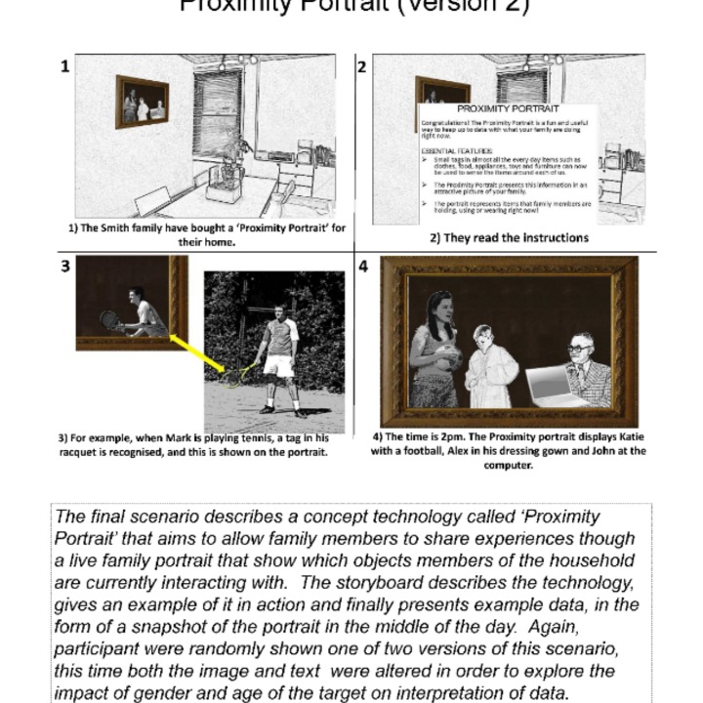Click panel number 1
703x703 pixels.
pos(64,66)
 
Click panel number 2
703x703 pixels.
pos(361,66)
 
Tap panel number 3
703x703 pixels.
pos(64,266)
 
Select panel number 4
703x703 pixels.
pos(363,266)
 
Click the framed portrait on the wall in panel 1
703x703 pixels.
pos(142,101)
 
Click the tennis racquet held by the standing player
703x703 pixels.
pos(239,373)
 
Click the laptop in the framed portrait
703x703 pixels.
pos(557,384)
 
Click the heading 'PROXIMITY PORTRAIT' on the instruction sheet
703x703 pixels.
pos(508,109)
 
